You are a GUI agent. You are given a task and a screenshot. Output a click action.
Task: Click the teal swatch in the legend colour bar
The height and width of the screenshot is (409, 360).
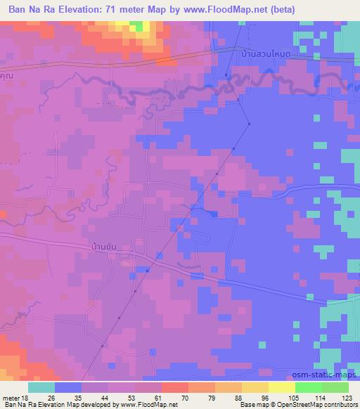point(41,387)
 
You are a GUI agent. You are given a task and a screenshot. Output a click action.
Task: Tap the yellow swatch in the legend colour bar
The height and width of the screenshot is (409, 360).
point(282,387)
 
